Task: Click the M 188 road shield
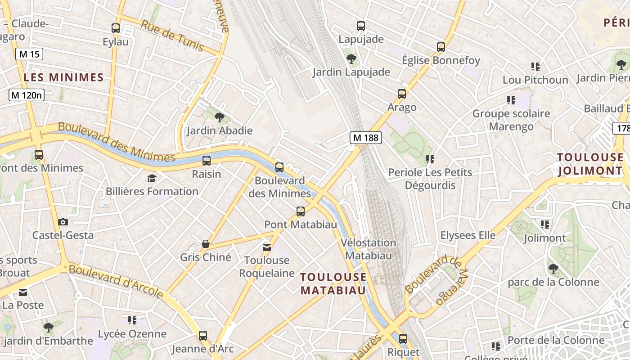(x=366, y=138)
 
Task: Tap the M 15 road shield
(x=30, y=54)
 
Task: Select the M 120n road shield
(x=27, y=95)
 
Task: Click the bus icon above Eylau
(x=116, y=28)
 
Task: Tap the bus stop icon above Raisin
(x=207, y=160)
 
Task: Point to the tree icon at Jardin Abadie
(x=220, y=117)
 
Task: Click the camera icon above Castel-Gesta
(x=63, y=222)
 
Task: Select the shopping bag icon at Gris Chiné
(x=206, y=244)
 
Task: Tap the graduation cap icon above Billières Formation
(x=152, y=178)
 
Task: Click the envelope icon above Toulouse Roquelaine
(x=267, y=247)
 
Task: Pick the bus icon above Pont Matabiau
(x=301, y=211)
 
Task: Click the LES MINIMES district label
(x=63, y=77)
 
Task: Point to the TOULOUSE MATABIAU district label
(x=333, y=283)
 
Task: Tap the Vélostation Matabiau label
(x=368, y=249)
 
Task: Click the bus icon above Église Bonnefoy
(x=441, y=47)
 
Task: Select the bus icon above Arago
(x=402, y=94)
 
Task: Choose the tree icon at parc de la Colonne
(x=553, y=269)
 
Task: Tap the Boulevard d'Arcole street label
(x=116, y=282)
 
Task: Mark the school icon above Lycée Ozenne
(x=132, y=320)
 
